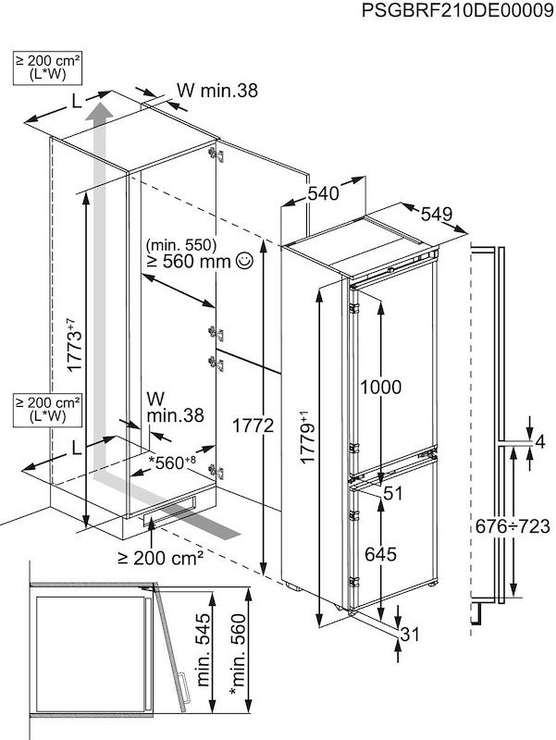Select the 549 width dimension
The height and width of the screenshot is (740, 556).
tap(436, 214)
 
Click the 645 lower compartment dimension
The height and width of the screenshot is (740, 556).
tap(381, 555)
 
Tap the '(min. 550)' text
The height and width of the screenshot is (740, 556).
tap(180, 245)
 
